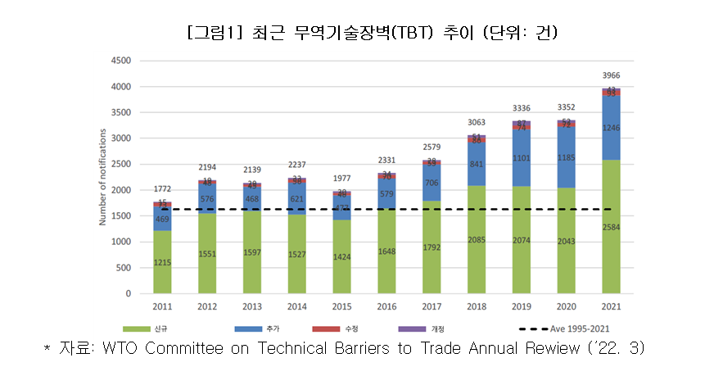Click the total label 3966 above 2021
[611, 75]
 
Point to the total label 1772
[162, 189]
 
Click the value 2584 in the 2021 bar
[611, 226]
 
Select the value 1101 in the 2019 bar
[522, 158]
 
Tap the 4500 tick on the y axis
[121, 61]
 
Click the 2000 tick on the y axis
[121, 190]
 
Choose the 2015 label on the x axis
[341, 307]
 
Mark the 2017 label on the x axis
[432, 307]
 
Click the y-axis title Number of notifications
[103, 177]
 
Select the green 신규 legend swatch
[142, 328]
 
